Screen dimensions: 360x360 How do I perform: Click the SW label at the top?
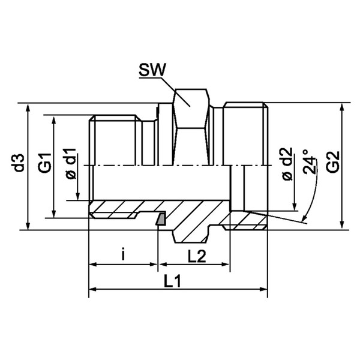[152, 70]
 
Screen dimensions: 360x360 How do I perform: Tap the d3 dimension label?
[19, 163]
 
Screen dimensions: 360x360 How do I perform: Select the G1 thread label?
[45, 163]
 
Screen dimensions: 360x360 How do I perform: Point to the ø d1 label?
[71, 163]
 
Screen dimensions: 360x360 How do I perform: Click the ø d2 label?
[287, 164]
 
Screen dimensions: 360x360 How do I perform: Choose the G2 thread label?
[333, 161]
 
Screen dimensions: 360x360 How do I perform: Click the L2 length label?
[197, 256]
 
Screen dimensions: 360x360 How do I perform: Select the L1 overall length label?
[172, 281]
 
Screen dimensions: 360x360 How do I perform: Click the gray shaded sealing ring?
[160, 219]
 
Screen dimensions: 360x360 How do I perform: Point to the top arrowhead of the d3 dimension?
[28, 107]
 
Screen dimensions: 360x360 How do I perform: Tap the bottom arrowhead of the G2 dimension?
[343, 224]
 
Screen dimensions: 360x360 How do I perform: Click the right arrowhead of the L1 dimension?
[263, 289]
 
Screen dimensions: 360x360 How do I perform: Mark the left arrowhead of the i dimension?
[93, 265]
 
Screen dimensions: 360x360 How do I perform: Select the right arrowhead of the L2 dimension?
[226, 265]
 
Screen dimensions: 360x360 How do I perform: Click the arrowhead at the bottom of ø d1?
[78, 196]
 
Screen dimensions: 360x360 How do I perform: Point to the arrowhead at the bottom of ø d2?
[295, 206]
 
